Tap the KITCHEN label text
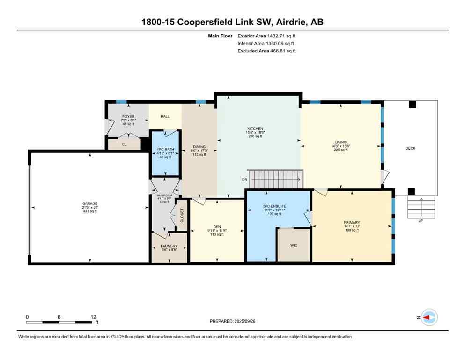(x=255, y=128)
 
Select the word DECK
(x=410, y=149)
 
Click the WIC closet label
(x=294, y=245)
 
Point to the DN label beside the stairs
(x=244, y=180)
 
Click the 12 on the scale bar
(x=93, y=317)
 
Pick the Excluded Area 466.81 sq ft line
(x=267, y=51)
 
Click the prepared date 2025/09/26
(x=233, y=321)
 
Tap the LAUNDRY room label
(x=169, y=246)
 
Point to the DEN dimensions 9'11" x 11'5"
(x=216, y=231)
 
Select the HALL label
(x=165, y=117)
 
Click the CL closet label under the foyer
(x=124, y=144)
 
